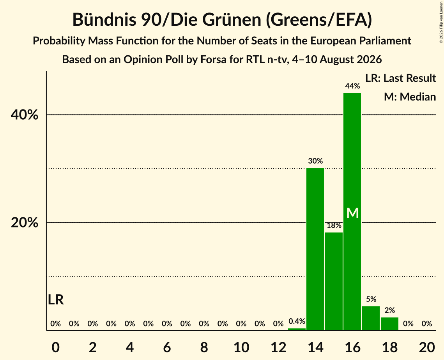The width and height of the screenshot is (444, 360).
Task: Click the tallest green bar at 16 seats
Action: (352, 212)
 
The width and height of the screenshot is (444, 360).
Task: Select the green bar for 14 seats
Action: (315, 249)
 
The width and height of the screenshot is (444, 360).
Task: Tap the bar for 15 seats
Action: (334, 281)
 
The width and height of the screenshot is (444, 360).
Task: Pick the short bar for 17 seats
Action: (371, 318)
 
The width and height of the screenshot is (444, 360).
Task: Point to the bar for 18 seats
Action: (390, 324)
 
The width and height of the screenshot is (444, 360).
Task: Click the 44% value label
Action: (352, 86)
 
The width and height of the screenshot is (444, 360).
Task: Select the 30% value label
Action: (315, 161)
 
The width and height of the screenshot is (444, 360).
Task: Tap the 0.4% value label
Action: (297, 321)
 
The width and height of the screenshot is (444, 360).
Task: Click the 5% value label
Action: (371, 299)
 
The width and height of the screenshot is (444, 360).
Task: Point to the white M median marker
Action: (352, 213)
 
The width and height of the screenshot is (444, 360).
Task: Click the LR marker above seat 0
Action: (56, 300)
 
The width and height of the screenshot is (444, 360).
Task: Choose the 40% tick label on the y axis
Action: (24, 115)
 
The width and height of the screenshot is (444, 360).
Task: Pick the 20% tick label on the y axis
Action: (24, 223)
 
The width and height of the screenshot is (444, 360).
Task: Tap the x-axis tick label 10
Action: (241, 347)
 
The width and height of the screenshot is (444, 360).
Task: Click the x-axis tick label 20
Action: (427, 347)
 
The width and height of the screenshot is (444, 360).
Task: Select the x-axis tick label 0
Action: (56, 347)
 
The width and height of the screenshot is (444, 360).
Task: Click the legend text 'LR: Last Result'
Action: (400, 78)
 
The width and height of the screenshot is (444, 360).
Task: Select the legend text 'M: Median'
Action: (410, 97)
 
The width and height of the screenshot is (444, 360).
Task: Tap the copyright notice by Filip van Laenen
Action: (441, 22)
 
